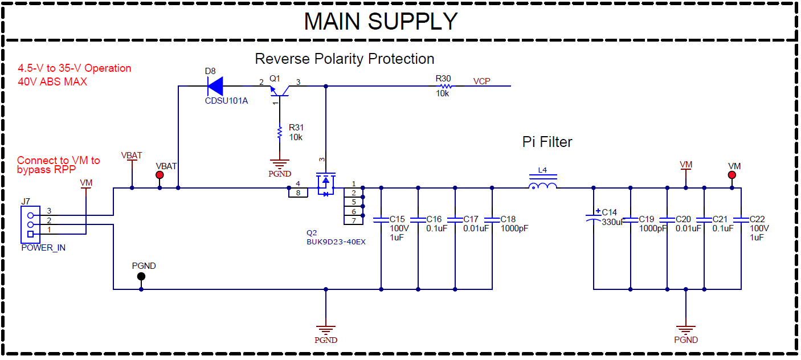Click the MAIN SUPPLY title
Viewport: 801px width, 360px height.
[x=381, y=21]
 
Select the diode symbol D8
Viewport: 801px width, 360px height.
[x=215, y=87]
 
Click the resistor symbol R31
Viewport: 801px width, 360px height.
[x=280, y=133]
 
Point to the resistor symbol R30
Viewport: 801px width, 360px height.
[x=443, y=87]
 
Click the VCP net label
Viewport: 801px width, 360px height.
[x=481, y=81]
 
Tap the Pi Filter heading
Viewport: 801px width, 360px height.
[x=547, y=142]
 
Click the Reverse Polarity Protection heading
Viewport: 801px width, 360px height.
[x=344, y=59]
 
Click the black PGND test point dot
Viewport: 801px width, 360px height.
[x=141, y=276]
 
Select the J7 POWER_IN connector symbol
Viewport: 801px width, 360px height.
[x=30, y=224]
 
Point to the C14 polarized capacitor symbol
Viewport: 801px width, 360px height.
[x=594, y=216]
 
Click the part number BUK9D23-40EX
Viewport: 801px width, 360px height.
[x=336, y=242]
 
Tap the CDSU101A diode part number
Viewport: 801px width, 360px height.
[x=226, y=101]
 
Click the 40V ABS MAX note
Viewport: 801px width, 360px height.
[x=52, y=81]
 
